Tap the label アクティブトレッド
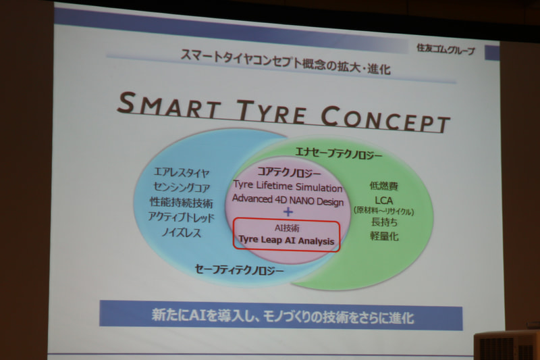point(181,217)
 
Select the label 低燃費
point(383,186)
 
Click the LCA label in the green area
point(383,200)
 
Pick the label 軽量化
point(383,236)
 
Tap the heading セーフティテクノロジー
point(239,270)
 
